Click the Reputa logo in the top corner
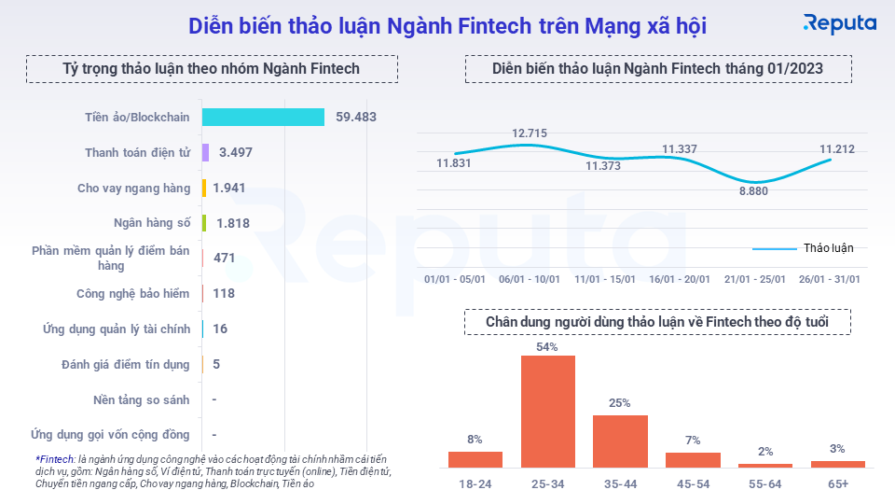840,24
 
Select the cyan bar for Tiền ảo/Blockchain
263,117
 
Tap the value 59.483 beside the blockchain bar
356,117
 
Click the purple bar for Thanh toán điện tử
205,152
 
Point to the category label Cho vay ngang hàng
133,188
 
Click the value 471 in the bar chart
224,258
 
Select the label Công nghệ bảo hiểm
133,293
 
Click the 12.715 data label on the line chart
530,133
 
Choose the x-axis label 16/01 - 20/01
680,279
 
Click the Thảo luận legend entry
828,248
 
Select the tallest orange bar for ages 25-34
547,411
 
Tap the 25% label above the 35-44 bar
620,403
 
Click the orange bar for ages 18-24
475,459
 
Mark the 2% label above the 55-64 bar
765,452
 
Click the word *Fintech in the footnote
55,459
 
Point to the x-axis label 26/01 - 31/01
829,279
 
